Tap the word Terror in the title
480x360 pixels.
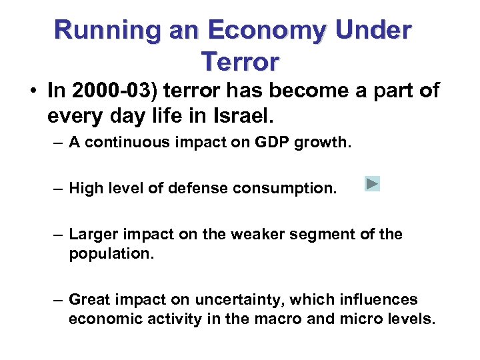click(x=239, y=61)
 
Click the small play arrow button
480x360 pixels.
click(x=372, y=184)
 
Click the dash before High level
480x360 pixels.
click(x=59, y=189)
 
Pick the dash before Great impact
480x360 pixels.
click(x=59, y=299)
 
